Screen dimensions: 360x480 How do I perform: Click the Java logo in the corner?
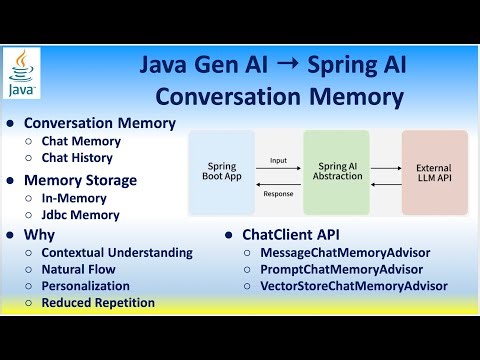(x=24, y=75)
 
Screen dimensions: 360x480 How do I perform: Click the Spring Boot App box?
(x=220, y=173)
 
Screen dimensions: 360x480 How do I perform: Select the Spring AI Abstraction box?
(x=336, y=173)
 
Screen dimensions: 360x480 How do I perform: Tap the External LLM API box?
(x=434, y=173)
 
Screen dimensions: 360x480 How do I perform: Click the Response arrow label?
(x=278, y=193)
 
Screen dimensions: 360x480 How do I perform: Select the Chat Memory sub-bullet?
(x=81, y=142)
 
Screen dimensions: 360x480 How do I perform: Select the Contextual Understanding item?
(x=117, y=253)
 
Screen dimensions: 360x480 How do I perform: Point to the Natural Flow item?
(x=78, y=269)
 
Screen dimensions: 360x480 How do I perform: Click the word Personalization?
(x=87, y=286)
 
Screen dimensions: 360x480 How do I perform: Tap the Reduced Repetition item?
(x=98, y=302)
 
